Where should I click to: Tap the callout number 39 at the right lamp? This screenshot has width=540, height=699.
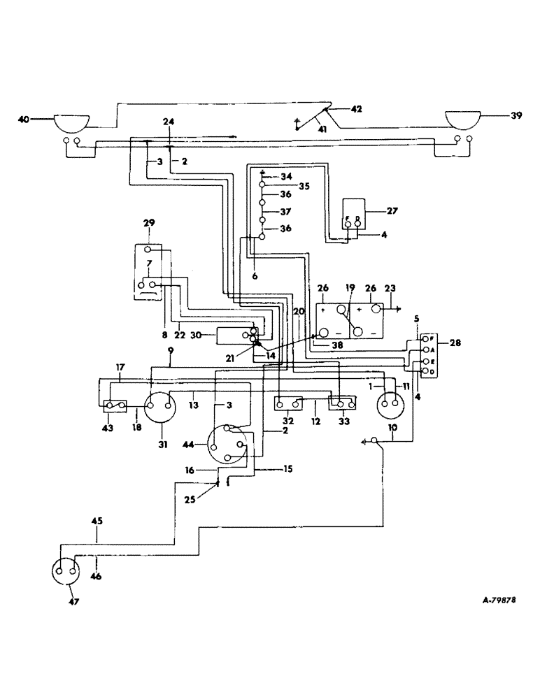(x=516, y=116)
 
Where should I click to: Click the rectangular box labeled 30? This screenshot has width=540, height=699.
(x=234, y=336)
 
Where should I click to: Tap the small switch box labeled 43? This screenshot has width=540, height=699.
(x=114, y=405)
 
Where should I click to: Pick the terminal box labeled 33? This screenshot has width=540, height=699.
(x=343, y=403)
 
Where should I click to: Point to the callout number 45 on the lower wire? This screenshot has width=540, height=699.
(x=97, y=521)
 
